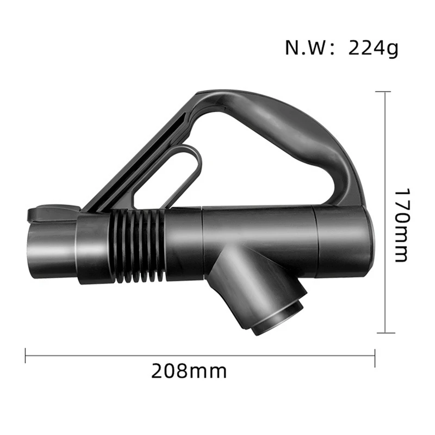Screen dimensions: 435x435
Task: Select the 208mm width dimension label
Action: pos(189,371)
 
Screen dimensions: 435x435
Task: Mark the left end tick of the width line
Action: pos(26,356)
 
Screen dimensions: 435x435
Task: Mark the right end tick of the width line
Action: pos(375,356)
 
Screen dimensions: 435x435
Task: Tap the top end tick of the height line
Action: pos(385,92)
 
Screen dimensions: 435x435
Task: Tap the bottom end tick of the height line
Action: pos(385,332)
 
